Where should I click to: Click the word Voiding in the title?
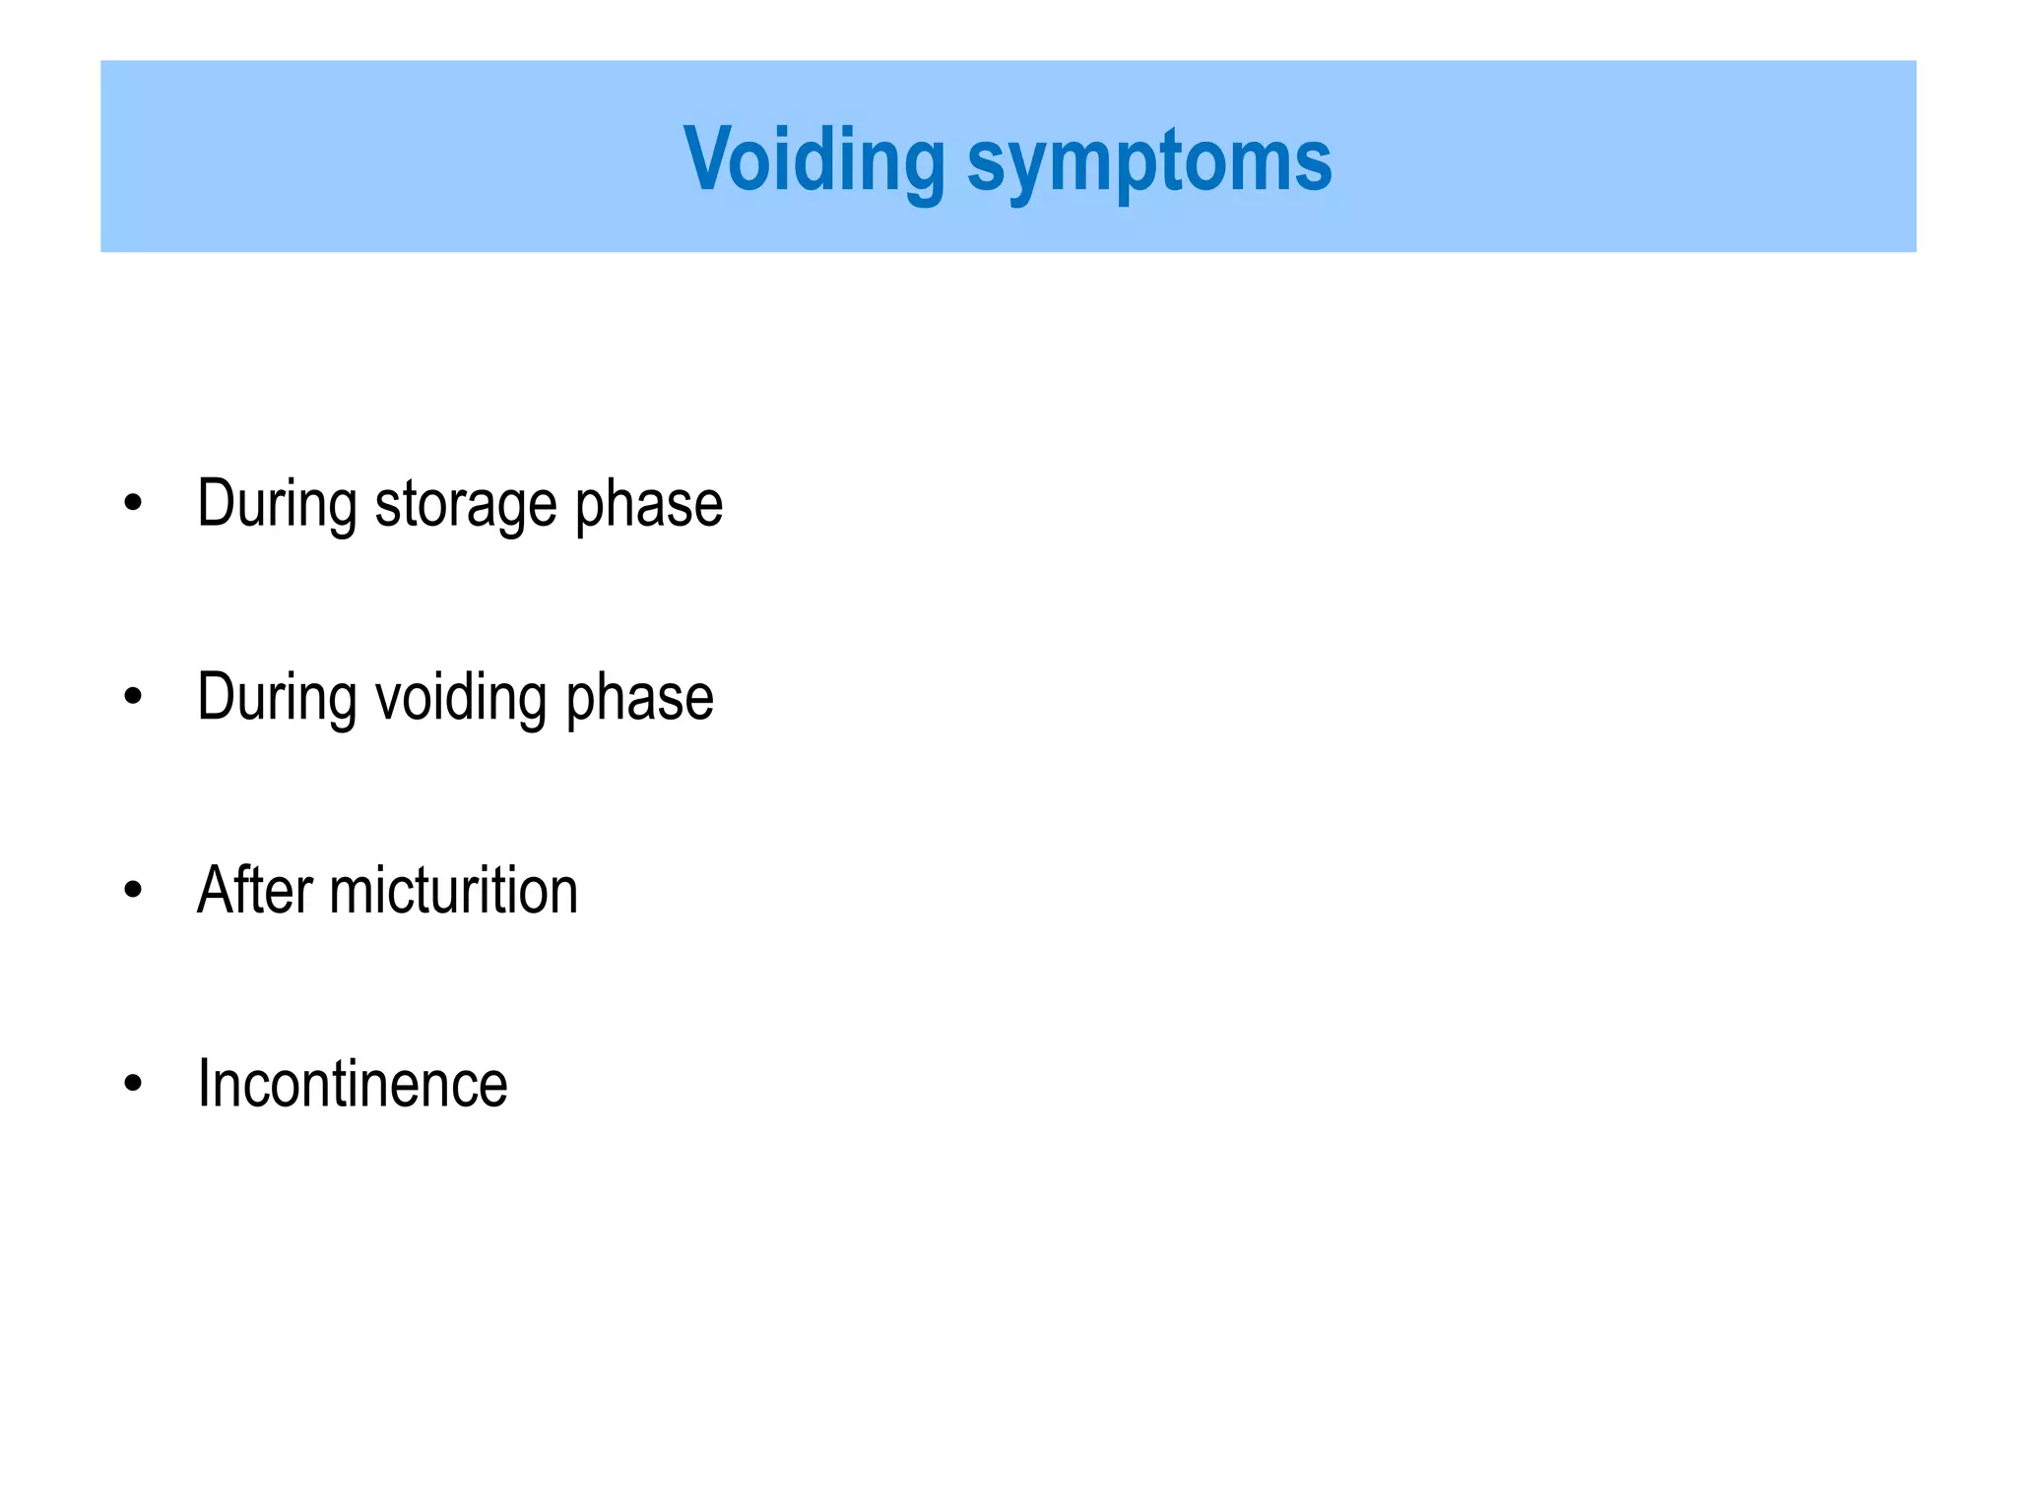[813, 159]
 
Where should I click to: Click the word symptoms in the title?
[1148, 161]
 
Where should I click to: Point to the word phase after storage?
[648, 505]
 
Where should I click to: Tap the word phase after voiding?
[639, 698]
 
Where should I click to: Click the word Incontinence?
[352, 1084]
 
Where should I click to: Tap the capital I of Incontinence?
[204, 1084]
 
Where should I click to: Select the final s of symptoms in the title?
[1314, 163]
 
